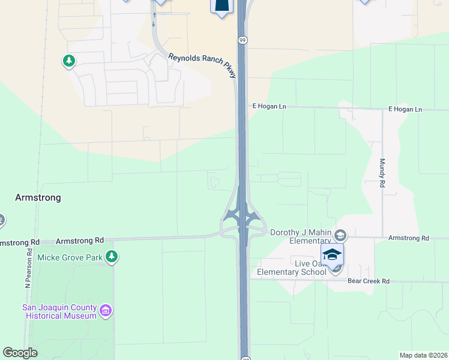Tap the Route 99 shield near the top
point(243,40)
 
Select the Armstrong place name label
point(38,197)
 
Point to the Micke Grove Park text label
point(70,258)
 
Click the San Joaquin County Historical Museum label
point(59,311)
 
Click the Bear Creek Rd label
point(369,281)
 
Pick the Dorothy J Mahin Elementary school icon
point(341,235)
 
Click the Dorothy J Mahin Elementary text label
point(301,236)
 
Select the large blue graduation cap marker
point(332,254)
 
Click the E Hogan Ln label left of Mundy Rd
point(270,106)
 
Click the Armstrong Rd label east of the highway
point(409,238)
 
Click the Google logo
point(20,353)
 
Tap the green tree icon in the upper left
point(69,61)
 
